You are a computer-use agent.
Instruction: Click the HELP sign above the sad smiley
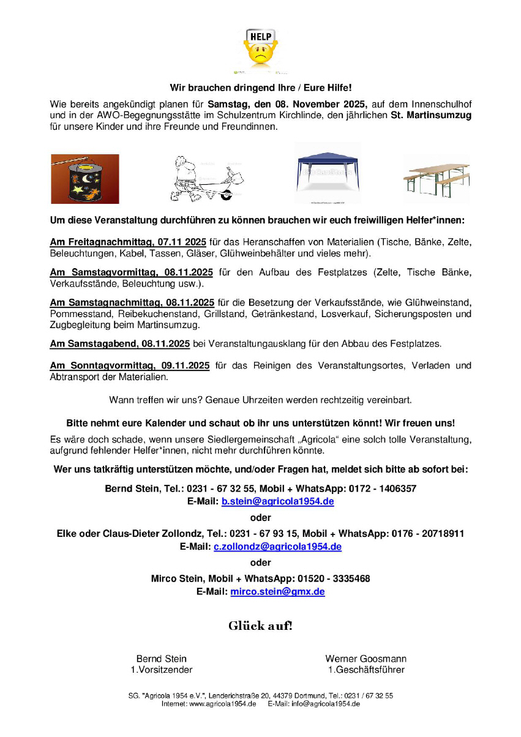click(x=260, y=37)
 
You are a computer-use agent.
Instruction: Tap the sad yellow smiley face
click(x=260, y=53)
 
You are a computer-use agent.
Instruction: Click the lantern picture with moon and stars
click(x=84, y=179)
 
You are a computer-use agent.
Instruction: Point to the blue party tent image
click(x=328, y=173)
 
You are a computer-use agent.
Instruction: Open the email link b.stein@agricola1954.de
click(x=277, y=501)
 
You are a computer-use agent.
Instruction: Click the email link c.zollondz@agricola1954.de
click(x=277, y=546)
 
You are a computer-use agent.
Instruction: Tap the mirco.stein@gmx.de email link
click(x=277, y=591)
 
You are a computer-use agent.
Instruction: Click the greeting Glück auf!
click(x=260, y=626)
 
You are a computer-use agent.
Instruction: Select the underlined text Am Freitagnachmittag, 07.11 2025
click(x=127, y=242)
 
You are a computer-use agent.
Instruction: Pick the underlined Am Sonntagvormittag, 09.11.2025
click(x=130, y=365)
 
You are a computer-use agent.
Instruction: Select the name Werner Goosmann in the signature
click(x=365, y=659)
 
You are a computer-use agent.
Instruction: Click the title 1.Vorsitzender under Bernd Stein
click(x=162, y=670)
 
